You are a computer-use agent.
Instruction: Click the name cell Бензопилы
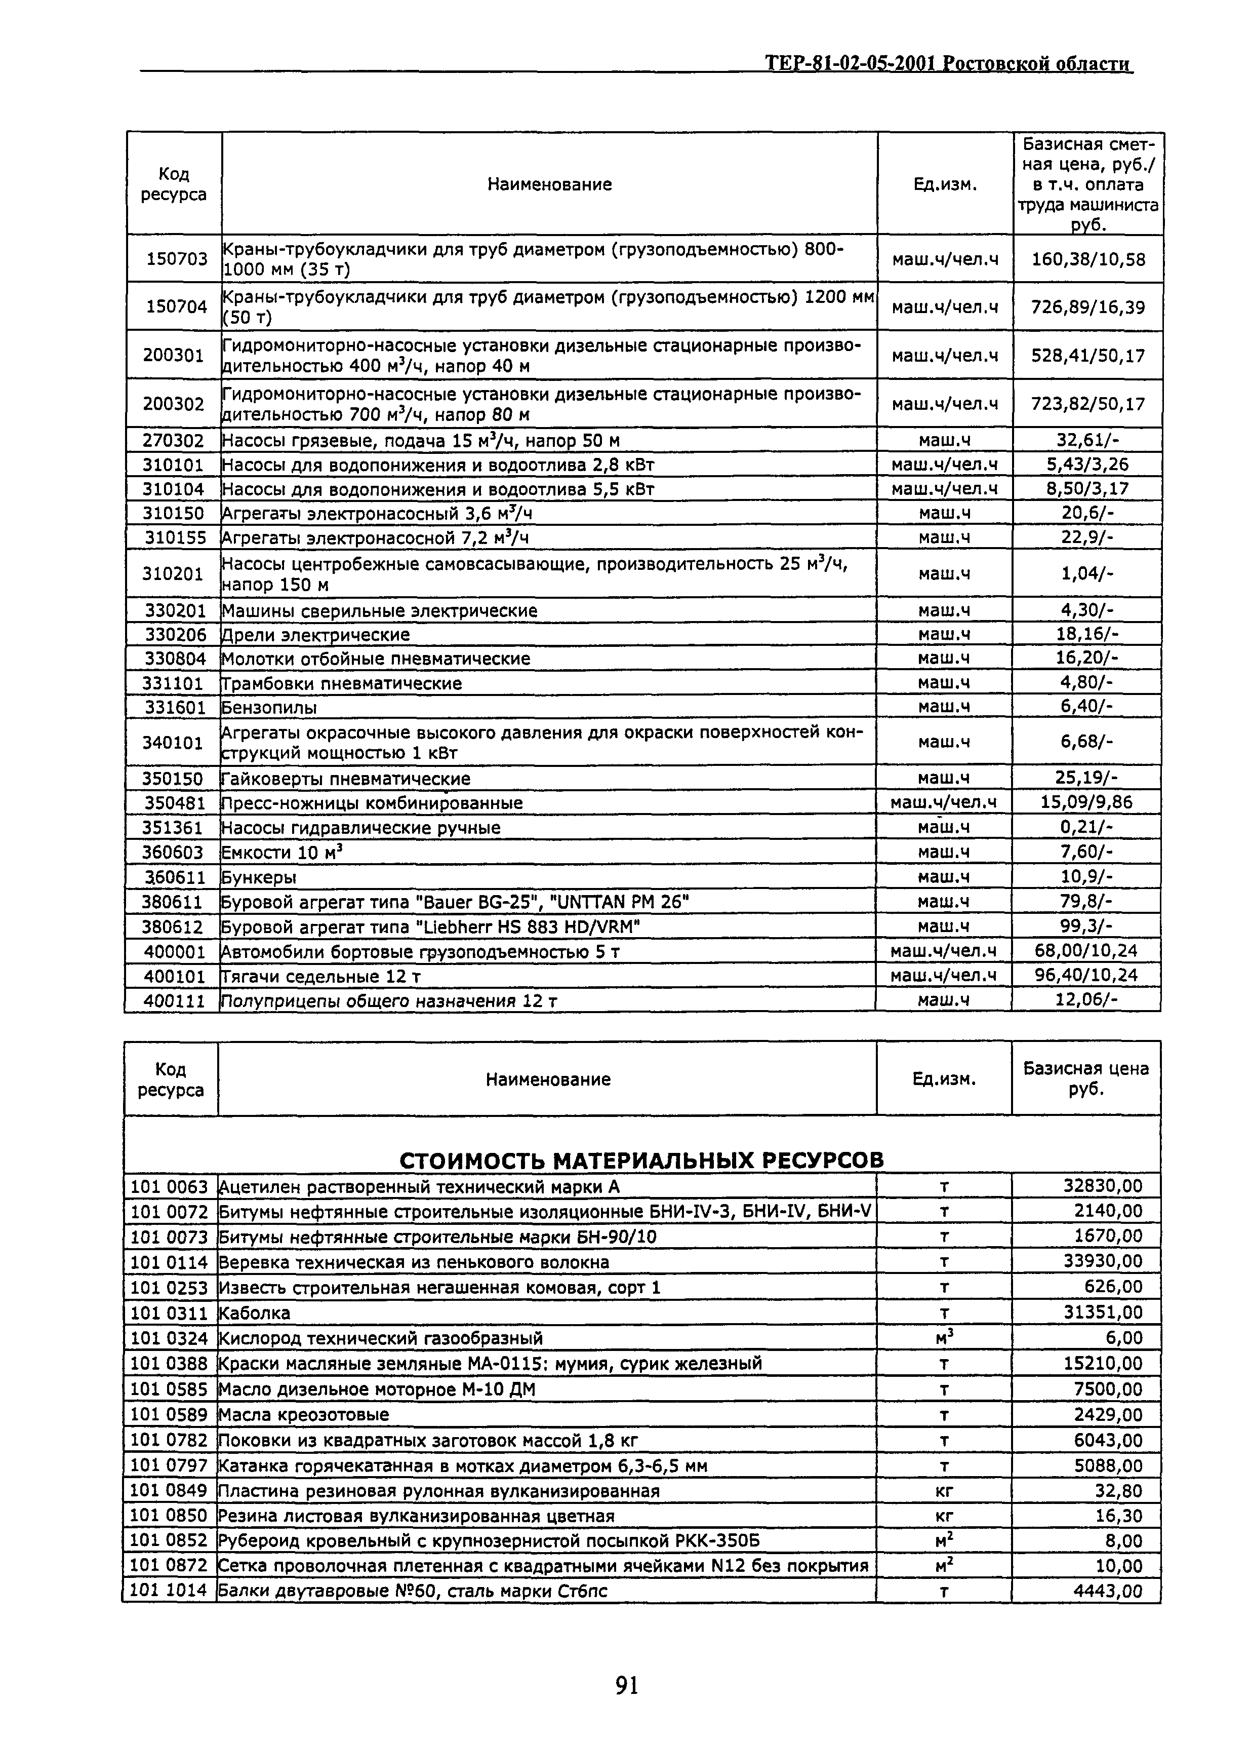click(269, 707)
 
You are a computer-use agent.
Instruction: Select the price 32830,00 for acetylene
click(1102, 1186)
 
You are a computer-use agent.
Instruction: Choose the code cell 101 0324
click(170, 1338)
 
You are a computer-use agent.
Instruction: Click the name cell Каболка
click(255, 1312)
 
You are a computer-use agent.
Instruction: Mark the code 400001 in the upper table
click(174, 951)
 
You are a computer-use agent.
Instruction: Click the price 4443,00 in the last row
click(1107, 1591)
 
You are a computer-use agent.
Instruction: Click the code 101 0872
click(170, 1566)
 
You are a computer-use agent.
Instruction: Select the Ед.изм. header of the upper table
click(944, 184)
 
